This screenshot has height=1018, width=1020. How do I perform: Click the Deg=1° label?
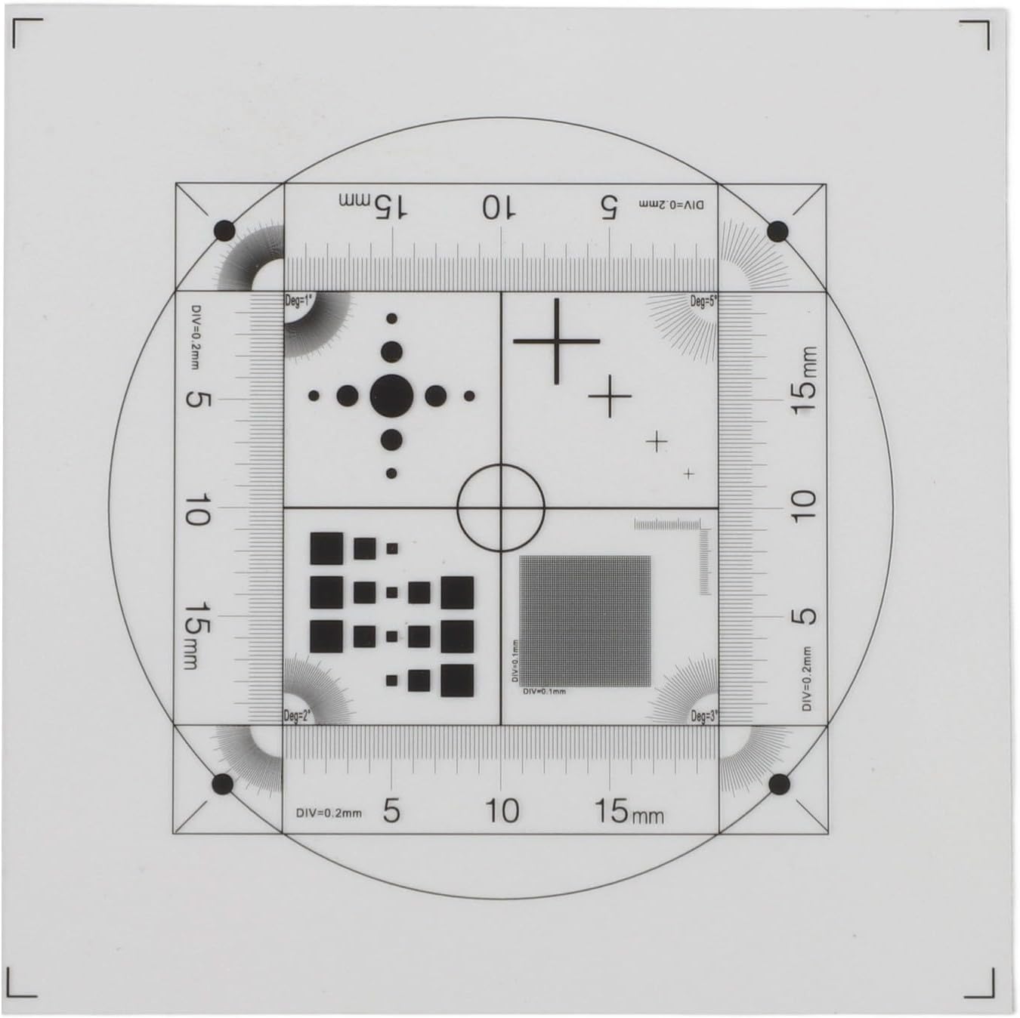coord(298,301)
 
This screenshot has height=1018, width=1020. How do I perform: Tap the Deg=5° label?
coord(703,301)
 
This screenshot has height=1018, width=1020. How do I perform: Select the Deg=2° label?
coord(297,716)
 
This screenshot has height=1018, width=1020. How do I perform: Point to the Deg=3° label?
coord(703,717)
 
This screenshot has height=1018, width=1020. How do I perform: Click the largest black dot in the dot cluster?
coord(391,395)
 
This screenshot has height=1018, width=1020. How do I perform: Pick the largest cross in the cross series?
coord(557,341)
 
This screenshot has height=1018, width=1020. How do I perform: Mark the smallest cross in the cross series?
coord(688,474)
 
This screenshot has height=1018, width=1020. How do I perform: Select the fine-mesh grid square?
coord(585,621)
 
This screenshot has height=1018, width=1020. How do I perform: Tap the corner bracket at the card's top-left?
coord(23,30)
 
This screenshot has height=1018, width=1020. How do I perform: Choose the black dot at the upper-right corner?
coord(777,231)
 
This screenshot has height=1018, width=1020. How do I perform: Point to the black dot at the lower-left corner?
coord(224,785)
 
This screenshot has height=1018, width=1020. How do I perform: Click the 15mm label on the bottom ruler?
coord(628,812)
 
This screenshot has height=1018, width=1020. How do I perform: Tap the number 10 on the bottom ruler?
coord(502,811)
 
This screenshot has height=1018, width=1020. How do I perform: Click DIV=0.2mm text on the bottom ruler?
coord(329,813)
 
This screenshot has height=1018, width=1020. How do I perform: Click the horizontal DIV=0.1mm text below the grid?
coord(544,691)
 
